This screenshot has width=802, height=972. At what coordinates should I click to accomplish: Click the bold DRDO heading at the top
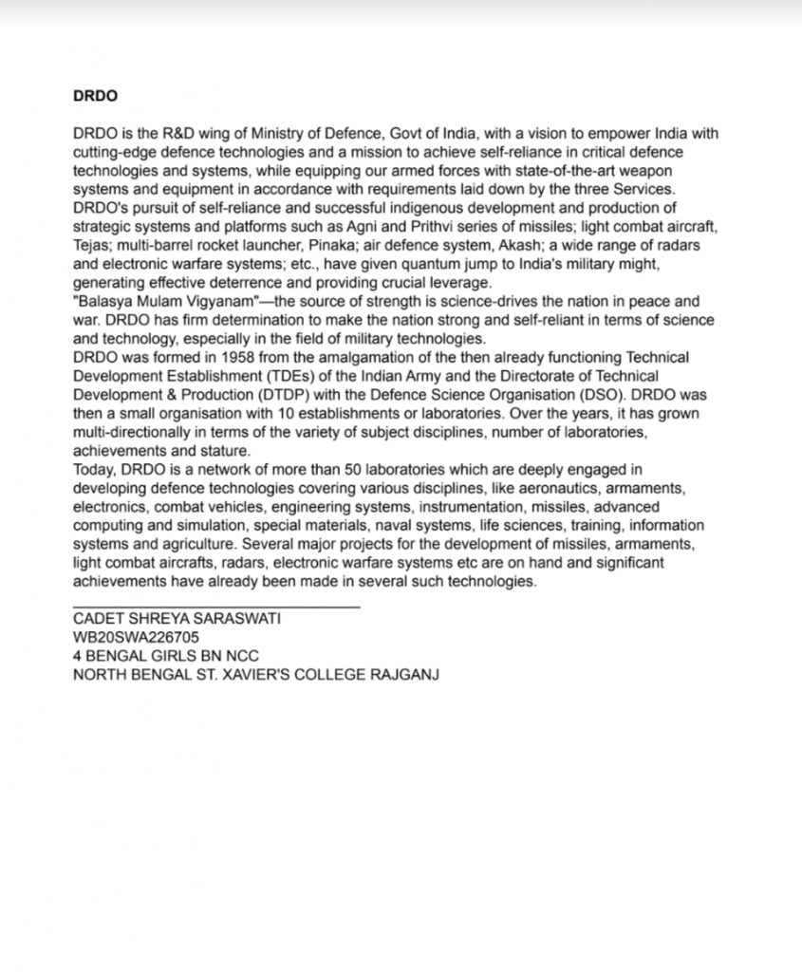(94, 96)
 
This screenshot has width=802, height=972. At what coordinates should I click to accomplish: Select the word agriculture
(196, 543)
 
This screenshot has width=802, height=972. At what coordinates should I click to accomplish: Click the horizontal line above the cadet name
(215, 606)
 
